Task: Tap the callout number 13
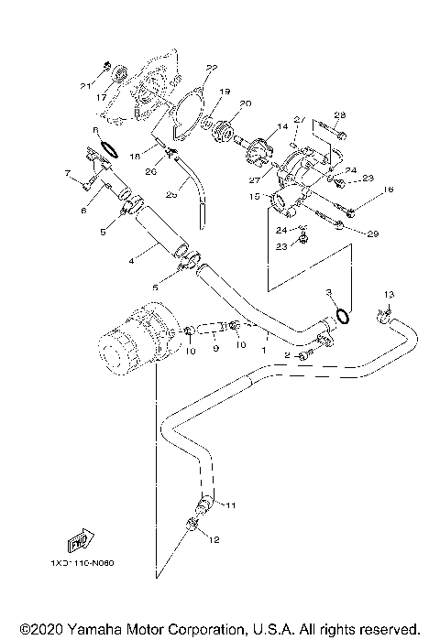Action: pyautogui.click(x=389, y=293)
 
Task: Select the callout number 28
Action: pyautogui.click(x=339, y=114)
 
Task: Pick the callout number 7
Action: pyautogui.click(x=67, y=172)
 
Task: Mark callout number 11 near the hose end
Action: pyautogui.click(x=230, y=504)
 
